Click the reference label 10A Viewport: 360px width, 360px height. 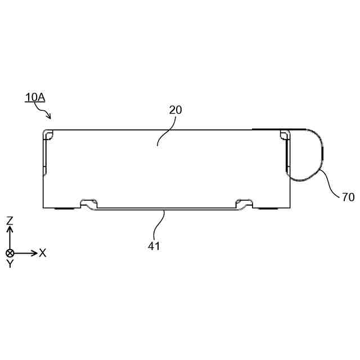[x=35, y=97]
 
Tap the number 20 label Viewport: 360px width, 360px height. [x=175, y=110]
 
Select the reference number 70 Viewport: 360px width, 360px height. [x=348, y=197]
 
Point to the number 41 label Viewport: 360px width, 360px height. [x=154, y=246]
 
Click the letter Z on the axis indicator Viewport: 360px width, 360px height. [x=10, y=221]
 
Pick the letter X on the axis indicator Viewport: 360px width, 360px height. [x=43, y=253]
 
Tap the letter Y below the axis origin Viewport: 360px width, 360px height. [x=10, y=264]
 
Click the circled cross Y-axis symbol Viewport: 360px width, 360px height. [x=10, y=253]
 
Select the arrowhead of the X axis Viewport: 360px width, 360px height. [x=34, y=253]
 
